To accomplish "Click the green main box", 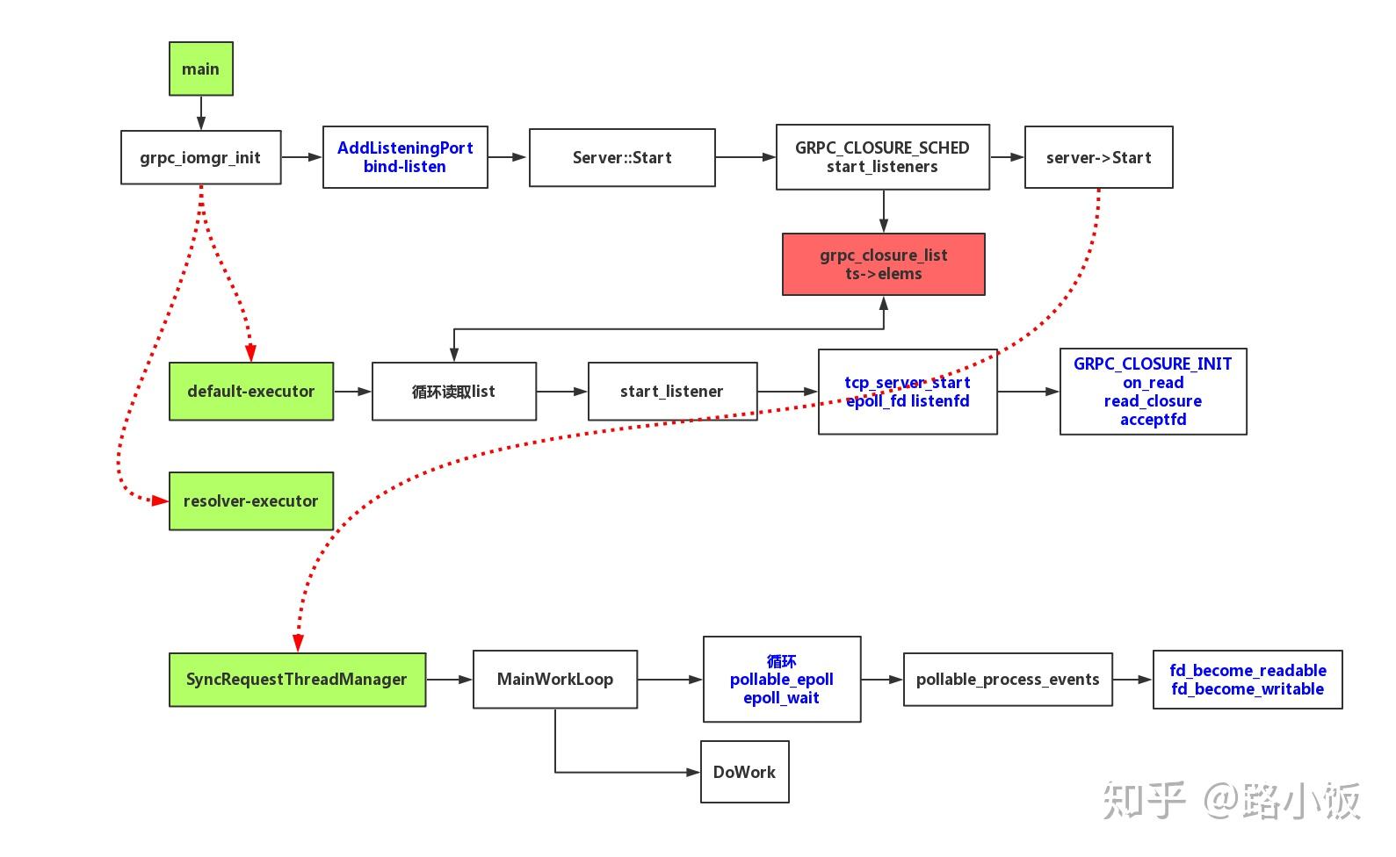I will point(200,68).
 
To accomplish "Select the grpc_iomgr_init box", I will point(200,158).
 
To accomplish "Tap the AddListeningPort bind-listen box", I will point(405,157).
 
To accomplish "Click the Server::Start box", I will point(622,158).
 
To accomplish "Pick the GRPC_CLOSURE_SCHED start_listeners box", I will point(882,157).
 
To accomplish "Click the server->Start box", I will point(1098,158).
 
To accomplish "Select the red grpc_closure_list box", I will point(883,264).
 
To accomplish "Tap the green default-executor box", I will point(250,392).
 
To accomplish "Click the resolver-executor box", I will point(250,501).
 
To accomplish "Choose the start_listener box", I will point(672,392).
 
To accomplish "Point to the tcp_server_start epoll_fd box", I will point(908,392).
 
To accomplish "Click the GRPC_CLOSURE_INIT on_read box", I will point(1153,392).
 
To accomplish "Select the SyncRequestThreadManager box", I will point(297,680).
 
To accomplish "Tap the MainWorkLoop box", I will point(554,680).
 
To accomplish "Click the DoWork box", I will point(744,772).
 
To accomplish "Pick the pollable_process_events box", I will point(1008,680).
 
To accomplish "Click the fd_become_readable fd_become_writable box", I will point(1247,680).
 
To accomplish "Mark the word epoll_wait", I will point(781,698).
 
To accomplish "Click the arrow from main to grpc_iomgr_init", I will point(201,113).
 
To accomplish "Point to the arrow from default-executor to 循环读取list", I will point(352,392).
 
